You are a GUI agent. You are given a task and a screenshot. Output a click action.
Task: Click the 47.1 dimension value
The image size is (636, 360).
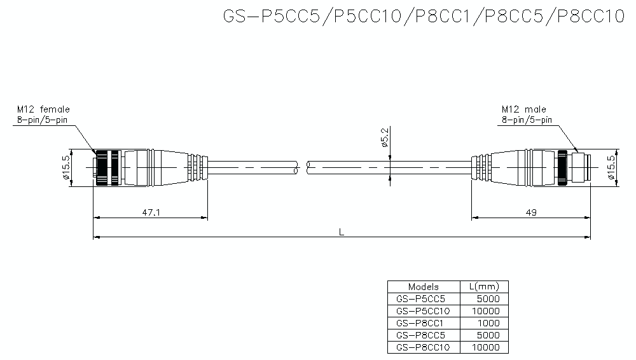coord(151,212)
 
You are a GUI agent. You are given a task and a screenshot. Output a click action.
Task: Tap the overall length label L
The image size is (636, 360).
coord(342,232)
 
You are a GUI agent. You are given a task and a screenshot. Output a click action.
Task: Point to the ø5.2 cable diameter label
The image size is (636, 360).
coord(385,137)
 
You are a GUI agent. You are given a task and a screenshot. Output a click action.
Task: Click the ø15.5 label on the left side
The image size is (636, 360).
coord(66,169)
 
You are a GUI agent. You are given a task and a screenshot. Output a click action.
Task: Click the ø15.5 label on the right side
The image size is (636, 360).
coord(612,169)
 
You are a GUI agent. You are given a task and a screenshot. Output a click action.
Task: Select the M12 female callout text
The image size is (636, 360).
coord(43,109)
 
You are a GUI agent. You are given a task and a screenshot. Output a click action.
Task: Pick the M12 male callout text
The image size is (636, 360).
coord(523,109)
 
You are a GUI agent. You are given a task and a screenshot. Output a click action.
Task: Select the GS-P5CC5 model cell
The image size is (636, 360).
coord(420,299)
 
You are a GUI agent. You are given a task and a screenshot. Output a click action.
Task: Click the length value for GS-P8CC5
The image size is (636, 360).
coord(488,335)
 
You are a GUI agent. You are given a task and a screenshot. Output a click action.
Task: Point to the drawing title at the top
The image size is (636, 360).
coord(424,16)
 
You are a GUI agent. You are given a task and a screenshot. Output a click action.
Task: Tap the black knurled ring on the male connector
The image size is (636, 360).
coord(564,169)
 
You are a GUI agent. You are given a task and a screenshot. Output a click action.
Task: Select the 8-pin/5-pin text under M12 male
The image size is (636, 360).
coord(527,120)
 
